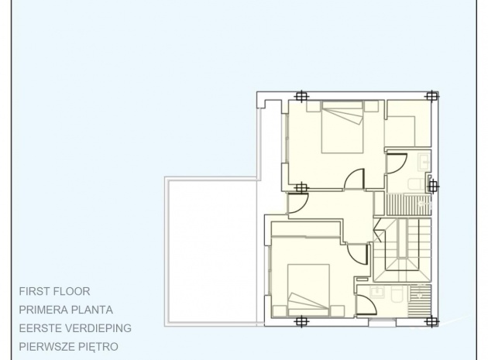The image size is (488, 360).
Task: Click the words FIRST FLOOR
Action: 54,292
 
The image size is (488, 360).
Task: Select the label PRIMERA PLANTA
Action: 66,310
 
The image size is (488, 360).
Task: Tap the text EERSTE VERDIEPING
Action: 75,328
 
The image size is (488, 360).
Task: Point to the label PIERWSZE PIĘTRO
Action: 68,347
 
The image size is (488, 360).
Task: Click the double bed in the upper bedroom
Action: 342,127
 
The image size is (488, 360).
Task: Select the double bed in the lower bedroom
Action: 308,290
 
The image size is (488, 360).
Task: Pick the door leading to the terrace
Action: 298,203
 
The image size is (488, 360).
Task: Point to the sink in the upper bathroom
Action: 424,162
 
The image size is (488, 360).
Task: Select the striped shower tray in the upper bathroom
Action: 408,204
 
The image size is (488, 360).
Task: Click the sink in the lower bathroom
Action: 377,292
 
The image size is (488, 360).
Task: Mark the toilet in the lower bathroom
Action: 397,295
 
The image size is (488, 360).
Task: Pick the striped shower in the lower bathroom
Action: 419,300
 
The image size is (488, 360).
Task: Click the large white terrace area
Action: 212,252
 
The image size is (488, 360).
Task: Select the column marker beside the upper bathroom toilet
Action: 432,187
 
